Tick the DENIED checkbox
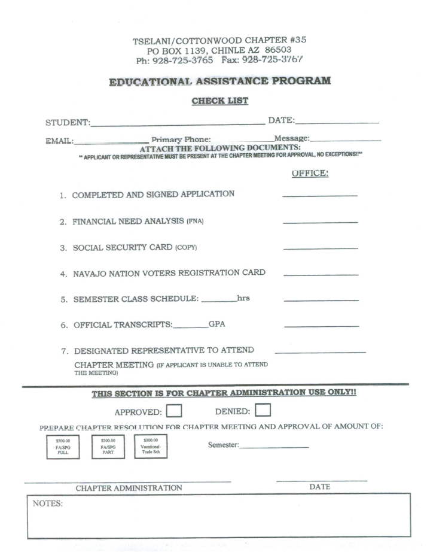pos(263,411)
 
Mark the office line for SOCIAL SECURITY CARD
pos(320,248)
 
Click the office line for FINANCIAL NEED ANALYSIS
pos(320,222)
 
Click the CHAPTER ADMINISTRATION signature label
pos(129,488)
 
